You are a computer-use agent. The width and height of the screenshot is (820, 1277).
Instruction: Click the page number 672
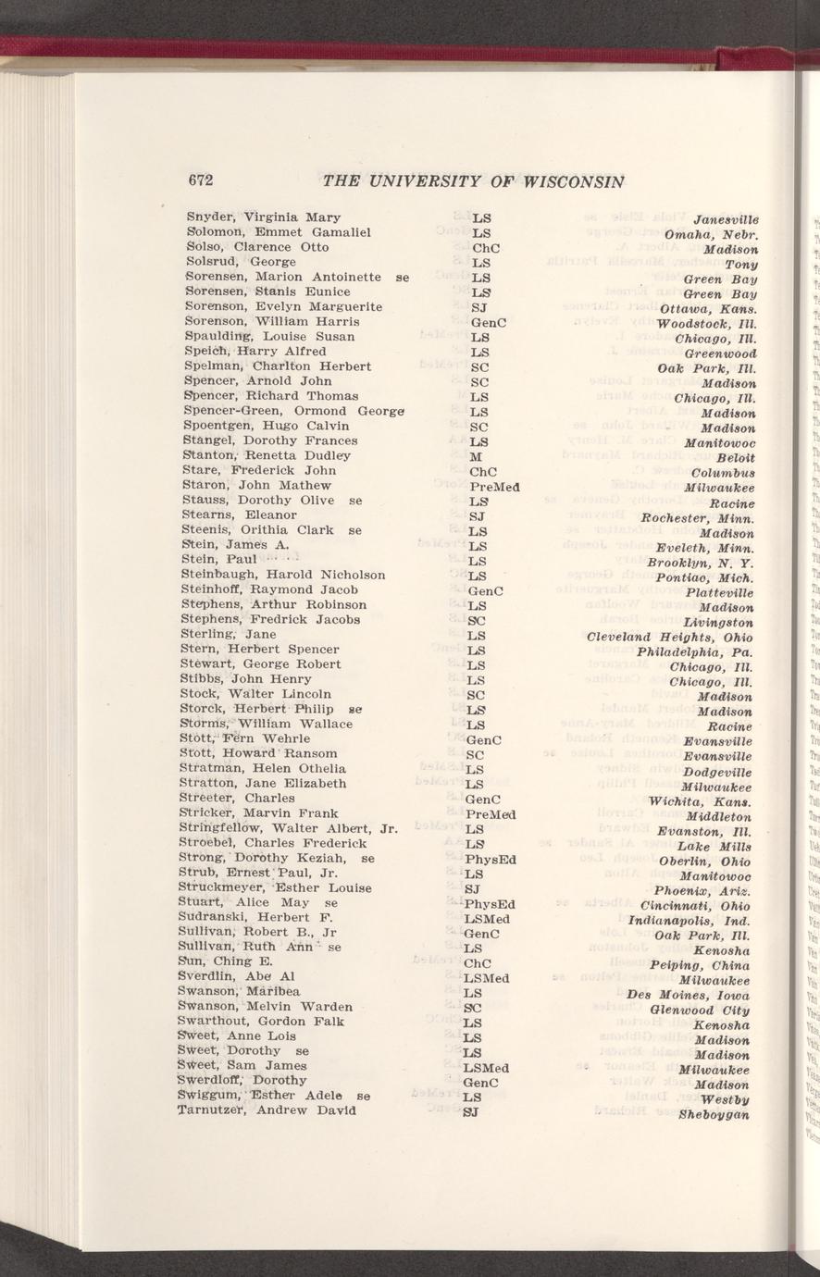(x=201, y=180)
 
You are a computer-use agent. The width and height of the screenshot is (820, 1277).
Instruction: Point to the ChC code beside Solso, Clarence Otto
(x=486, y=248)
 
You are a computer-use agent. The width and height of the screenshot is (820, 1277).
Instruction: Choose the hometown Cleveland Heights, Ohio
(x=671, y=637)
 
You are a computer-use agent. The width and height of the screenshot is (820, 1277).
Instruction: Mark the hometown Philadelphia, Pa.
(x=696, y=651)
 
